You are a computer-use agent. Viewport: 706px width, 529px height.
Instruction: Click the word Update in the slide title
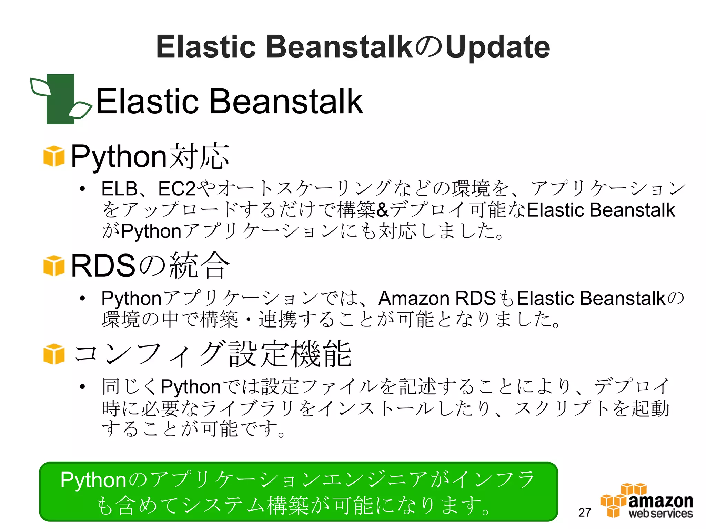497,47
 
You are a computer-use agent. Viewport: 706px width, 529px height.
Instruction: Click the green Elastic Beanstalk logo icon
61,99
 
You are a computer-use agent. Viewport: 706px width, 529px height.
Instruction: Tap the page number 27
585,512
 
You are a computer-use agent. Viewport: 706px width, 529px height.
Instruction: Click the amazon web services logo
647,501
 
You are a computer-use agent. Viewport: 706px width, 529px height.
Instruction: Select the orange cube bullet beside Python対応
54,156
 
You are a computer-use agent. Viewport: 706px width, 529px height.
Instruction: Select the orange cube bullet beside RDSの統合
54,266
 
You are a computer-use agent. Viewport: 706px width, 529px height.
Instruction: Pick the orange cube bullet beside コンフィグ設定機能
54,354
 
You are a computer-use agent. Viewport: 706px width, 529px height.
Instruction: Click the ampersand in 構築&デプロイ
382,210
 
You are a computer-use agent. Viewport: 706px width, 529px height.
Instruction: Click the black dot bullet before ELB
82,189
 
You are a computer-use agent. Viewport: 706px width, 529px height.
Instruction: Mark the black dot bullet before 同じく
82,387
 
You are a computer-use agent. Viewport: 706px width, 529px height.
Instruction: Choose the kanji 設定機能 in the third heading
290,354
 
